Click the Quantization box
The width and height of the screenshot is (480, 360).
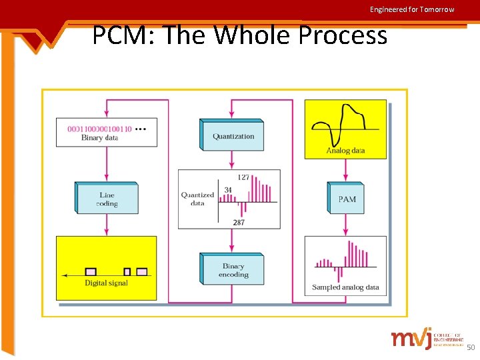tap(233, 136)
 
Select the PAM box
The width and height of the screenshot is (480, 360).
tap(347, 199)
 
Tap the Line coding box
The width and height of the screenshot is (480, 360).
tap(107, 199)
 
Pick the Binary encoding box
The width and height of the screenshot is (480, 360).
tap(233, 270)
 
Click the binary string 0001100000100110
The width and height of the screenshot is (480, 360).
tap(100, 128)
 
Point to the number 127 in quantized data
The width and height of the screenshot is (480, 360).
tap(244, 177)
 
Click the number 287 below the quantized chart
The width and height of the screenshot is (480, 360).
tap(239, 223)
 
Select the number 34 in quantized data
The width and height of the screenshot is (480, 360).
tap(228, 190)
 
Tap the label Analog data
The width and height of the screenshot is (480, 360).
tap(345, 151)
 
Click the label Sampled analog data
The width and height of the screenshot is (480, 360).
tap(345, 288)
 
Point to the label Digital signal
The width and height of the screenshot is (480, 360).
tap(106, 283)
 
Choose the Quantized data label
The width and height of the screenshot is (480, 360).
tap(197, 199)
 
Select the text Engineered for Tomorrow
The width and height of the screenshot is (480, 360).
tap(412, 9)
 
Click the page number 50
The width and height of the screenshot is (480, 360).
tap(471, 347)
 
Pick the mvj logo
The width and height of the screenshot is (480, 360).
tap(411, 338)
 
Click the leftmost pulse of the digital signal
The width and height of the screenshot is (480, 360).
tap(91, 271)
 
